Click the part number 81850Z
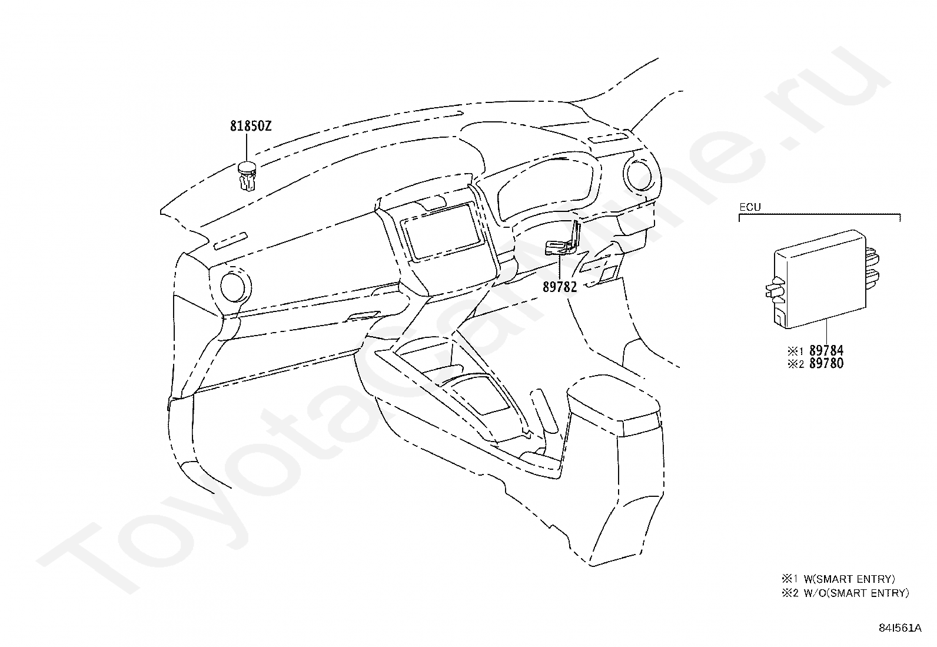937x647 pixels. pos(250,126)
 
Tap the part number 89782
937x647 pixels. pos(559,287)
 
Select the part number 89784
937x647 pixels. pos(826,351)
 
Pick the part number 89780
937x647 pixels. pos(826,364)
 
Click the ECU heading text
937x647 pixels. pos(750,207)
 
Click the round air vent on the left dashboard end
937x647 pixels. pos(236,286)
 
